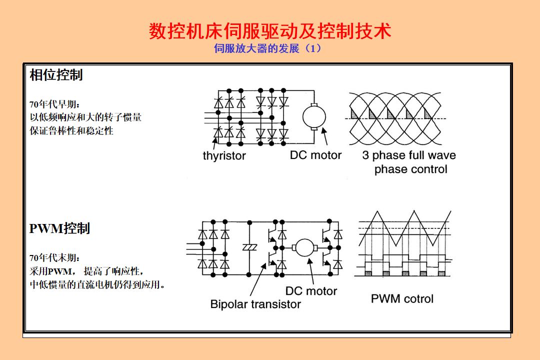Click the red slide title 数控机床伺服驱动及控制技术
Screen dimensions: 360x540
270,31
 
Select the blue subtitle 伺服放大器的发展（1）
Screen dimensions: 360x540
267,48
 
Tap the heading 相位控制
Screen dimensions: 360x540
56,75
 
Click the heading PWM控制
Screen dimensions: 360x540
59,228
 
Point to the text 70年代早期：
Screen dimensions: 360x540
54,104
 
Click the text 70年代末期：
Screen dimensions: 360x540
54,258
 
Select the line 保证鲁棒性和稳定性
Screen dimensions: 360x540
71,131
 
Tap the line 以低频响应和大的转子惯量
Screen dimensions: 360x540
85,117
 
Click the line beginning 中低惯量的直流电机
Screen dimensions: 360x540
98,285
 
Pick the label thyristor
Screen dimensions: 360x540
224,156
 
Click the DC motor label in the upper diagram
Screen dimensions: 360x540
315,155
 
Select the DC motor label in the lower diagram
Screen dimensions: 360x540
311,291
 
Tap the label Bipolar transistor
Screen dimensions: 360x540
255,304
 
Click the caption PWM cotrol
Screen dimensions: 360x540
402,299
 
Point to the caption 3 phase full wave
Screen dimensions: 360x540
409,155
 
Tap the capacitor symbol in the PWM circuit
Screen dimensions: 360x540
249,247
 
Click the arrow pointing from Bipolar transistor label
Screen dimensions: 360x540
257,280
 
